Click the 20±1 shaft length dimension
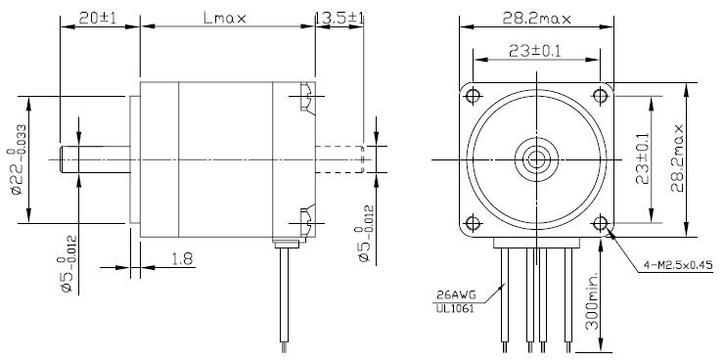point(98,18)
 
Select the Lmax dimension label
point(225,18)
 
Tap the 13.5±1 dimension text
point(339,18)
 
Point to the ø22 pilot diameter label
point(18,159)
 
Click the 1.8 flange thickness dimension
point(182,259)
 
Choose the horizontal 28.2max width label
point(536,19)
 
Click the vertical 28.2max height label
point(677,157)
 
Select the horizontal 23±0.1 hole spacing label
point(535,51)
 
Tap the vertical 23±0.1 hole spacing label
point(642,158)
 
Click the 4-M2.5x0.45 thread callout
point(678,265)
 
